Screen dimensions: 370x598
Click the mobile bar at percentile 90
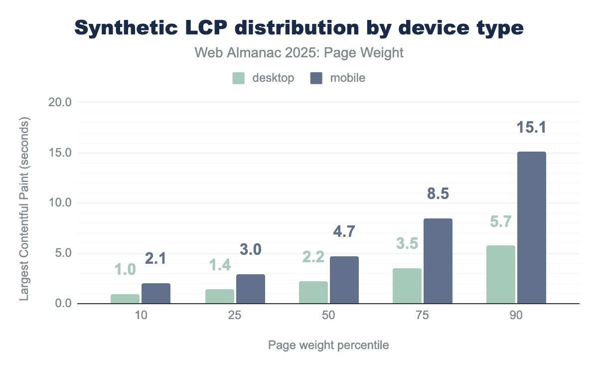(x=531, y=227)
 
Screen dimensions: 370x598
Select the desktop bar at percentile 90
(x=500, y=274)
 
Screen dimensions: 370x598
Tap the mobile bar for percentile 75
(x=438, y=261)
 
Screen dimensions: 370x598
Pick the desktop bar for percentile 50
(x=313, y=292)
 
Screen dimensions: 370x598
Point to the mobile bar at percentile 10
(x=156, y=293)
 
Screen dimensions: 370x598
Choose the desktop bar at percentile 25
(x=219, y=296)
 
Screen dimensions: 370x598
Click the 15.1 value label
(x=531, y=128)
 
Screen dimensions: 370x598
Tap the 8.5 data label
(x=438, y=194)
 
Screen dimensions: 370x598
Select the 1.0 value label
(x=125, y=270)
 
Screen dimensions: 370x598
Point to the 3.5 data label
(x=407, y=244)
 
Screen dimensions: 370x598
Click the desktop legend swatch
(x=239, y=78)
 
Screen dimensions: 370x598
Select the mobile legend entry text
(x=348, y=78)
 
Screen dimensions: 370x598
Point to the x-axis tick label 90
(x=516, y=317)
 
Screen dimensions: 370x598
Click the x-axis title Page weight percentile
(x=328, y=345)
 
